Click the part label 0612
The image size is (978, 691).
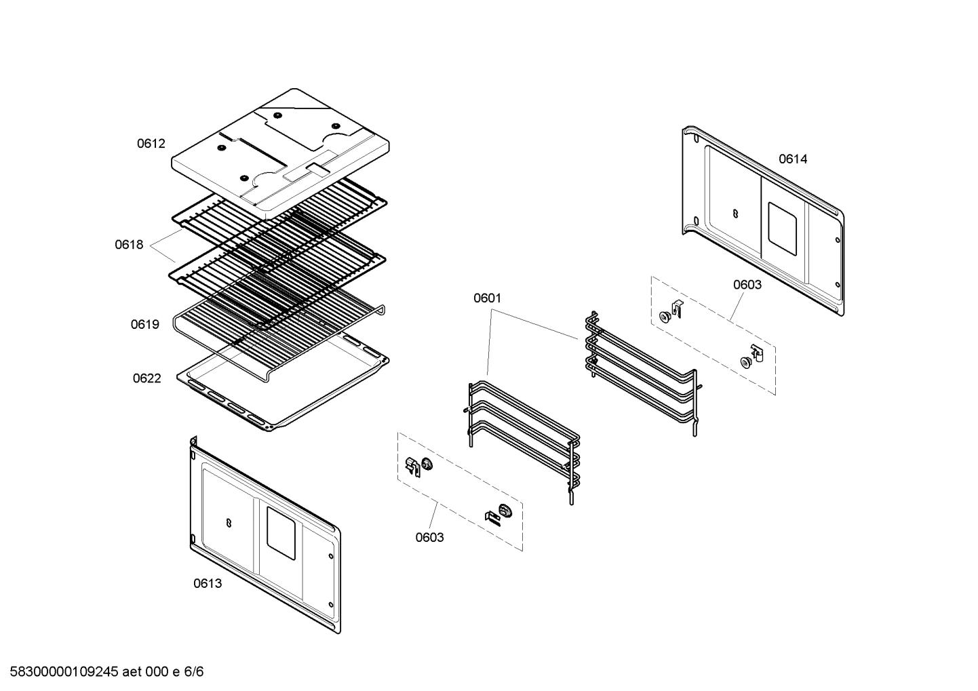pyautogui.click(x=151, y=144)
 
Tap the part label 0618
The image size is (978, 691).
pyautogui.click(x=129, y=245)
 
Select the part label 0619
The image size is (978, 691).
pyautogui.click(x=145, y=325)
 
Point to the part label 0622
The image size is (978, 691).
pyautogui.click(x=146, y=378)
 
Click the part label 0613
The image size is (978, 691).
pyautogui.click(x=208, y=583)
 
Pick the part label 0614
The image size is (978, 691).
pyautogui.click(x=793, y=159)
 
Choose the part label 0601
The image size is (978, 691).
pyautogui.click(x=487, y=298)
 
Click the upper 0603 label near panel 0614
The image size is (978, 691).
pyautogui.click(x=747, y=285)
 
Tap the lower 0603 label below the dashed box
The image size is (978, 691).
pyautogui.click(x=429, y=538)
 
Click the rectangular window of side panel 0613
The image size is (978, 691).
pyautogui.click(x=281, y=534)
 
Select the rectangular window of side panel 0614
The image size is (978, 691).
pyautogui.click(x=782, y=229)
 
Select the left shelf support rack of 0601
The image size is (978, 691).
pyautogui.click(x=522, y=441)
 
